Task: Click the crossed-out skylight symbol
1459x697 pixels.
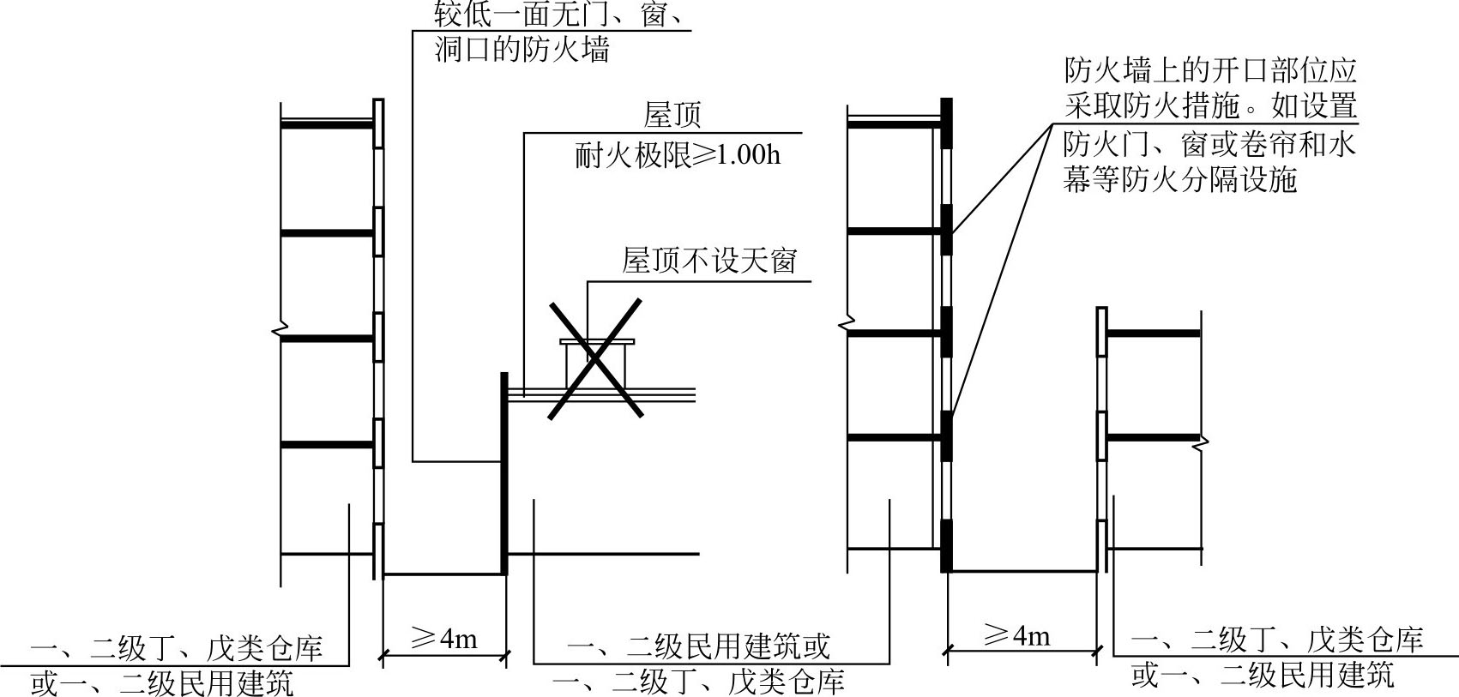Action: coord(596,358)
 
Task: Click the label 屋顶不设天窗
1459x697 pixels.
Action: coord(709,260)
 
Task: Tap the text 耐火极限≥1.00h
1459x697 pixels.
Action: coord(678,155)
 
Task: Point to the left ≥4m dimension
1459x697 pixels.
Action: coord(443,639)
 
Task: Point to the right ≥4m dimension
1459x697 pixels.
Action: coord(1016,635)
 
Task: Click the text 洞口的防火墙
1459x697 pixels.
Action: coord(522,49)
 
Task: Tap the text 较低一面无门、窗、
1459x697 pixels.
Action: coord(558,15)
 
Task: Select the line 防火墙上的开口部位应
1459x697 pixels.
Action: coord(1210,70)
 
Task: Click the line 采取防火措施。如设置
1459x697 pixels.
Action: coord(1210,106)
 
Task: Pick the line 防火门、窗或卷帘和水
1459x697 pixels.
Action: coord(1210,143)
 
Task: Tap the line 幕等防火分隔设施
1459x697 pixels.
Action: coord(1180,180)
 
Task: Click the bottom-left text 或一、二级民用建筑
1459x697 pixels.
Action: coord(162,683)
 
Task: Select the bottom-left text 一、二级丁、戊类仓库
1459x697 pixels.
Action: coord(177,647)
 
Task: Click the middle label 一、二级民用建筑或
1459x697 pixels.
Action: coord(698,646)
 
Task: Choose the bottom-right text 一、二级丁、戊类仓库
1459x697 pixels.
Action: coord(1277,639)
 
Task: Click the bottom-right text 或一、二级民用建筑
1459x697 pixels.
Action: coord(1263,676)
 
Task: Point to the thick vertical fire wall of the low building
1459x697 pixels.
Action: coord(503,472)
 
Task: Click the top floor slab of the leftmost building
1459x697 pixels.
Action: coord(327,125)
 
